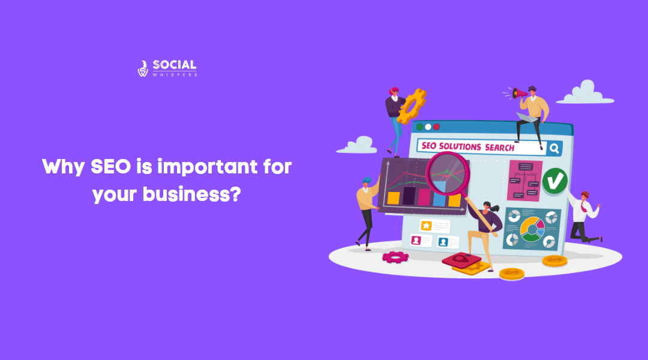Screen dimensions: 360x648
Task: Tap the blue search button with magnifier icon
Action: click(x=554, y=147)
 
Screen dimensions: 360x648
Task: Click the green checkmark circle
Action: click(x=555, y=180)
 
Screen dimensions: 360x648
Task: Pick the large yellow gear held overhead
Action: click(x=412, y=105)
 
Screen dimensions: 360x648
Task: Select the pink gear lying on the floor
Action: click(x=395, y=256)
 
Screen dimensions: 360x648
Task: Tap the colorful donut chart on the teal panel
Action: click(x=532, y=229)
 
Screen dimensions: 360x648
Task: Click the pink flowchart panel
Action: click(x=524, y=179)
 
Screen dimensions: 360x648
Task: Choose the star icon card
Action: click(x=426, y=226)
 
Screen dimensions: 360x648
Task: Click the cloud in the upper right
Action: click(x=585, y=94)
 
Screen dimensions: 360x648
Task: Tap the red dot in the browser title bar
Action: click(x=436, y=127)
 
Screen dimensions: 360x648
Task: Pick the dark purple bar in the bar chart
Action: click(x=409, y=196)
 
